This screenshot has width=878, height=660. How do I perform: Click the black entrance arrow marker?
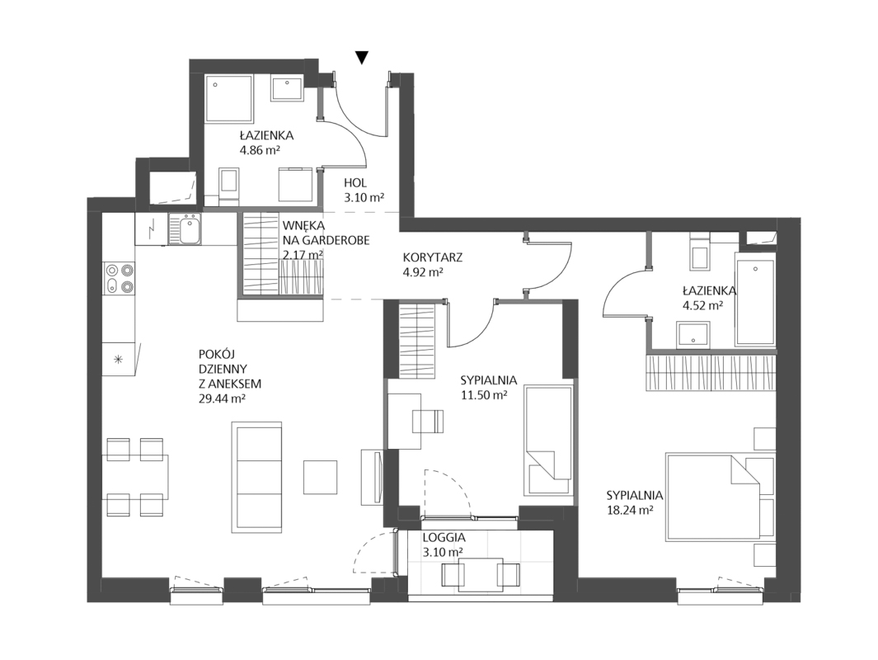coord(362,57)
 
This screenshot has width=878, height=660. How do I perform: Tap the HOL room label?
coord(355,183)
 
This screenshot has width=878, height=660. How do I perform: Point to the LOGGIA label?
coord(444,537)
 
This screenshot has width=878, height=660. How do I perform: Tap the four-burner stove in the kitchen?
coord(120,279)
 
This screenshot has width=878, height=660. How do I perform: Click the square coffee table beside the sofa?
coord(321,477)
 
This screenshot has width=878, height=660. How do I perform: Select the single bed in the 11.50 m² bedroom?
coord(549,441)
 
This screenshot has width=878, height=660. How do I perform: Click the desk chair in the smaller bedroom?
coord(429,422)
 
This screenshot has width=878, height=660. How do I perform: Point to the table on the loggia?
coord(481,573)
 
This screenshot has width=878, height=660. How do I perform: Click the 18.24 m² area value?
coord(631,511)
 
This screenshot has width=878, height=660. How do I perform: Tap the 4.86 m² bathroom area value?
coord(260,150)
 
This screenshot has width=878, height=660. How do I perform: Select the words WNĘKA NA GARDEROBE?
coord(326,233)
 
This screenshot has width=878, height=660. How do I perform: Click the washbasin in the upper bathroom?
coord(288,88)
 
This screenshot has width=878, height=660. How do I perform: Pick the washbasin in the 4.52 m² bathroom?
coord(693,335)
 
